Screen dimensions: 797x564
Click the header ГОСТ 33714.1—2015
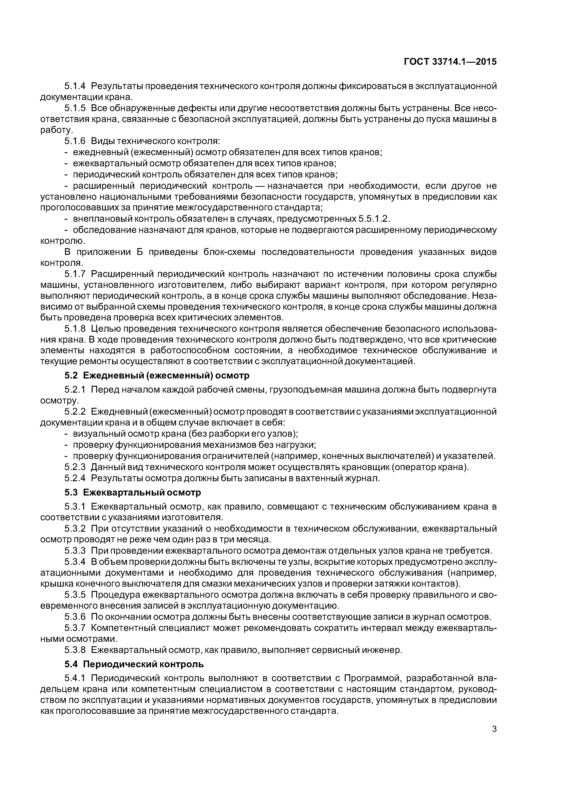450,62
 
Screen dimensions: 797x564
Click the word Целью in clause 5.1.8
106,329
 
